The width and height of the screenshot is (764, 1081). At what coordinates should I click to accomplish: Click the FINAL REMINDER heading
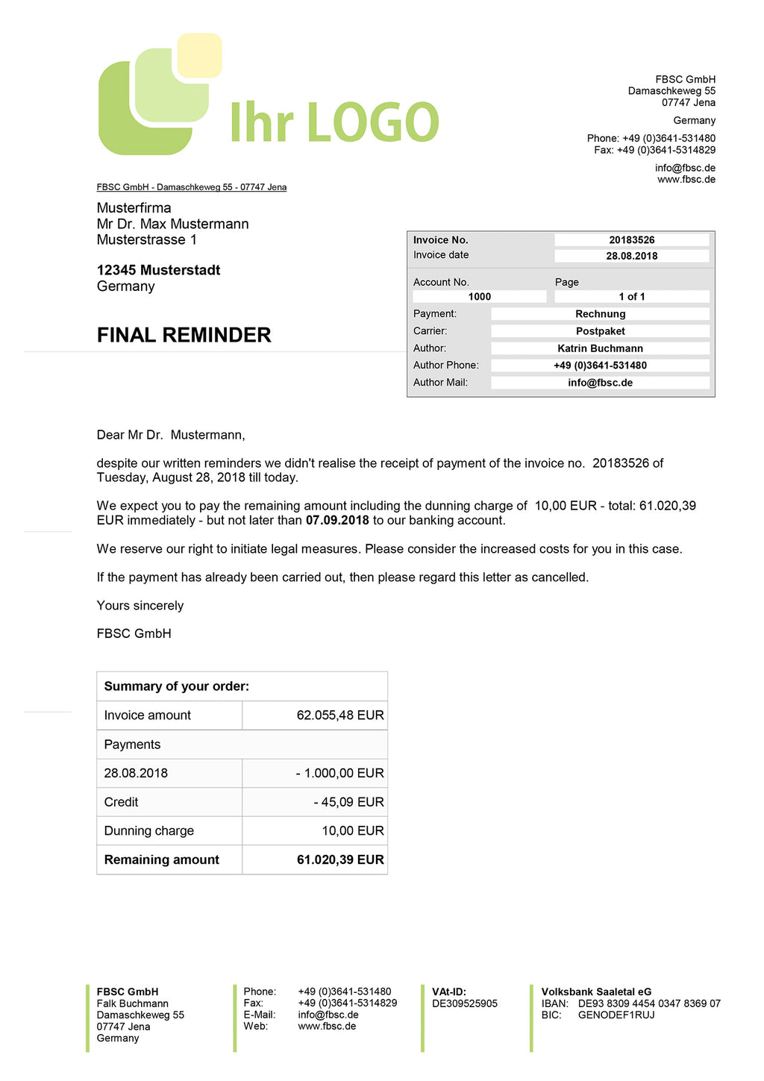coord(184,335)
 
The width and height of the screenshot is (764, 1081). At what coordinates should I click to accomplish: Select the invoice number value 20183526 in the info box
coord(631,240)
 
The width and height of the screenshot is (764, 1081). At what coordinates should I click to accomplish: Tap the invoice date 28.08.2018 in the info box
coord(631,256)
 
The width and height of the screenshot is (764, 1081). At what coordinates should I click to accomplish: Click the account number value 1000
coord(479,297)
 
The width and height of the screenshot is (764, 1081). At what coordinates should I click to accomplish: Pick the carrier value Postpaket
coord(600,331)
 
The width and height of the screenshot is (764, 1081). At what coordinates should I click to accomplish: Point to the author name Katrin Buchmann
coord(600,348)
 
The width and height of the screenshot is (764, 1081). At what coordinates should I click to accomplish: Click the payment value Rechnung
coord(600,314)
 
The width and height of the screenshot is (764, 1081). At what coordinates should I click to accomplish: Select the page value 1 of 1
coord(631,297)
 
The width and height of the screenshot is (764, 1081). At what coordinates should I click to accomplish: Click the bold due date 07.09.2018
coord(337,520)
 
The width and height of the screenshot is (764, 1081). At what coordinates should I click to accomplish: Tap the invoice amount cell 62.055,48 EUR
coord(340,715)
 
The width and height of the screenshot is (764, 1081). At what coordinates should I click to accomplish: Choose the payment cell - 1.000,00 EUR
coord(339,773)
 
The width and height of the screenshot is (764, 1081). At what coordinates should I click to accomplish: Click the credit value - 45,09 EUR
coord(348,802)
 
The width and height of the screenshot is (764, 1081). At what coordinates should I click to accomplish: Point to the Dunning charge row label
coord(149,831)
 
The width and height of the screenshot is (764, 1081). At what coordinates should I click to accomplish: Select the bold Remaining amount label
coord(162,860)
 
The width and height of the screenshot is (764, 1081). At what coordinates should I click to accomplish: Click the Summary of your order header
coord(177,686)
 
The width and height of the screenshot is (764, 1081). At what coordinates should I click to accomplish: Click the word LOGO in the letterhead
coord(372,123)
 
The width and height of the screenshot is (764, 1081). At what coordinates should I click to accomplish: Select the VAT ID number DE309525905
coord(464,1004)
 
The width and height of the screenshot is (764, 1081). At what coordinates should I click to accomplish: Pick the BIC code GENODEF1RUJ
coord(616,1015)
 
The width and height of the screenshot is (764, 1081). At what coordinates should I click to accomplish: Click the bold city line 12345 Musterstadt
coord(158,270)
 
